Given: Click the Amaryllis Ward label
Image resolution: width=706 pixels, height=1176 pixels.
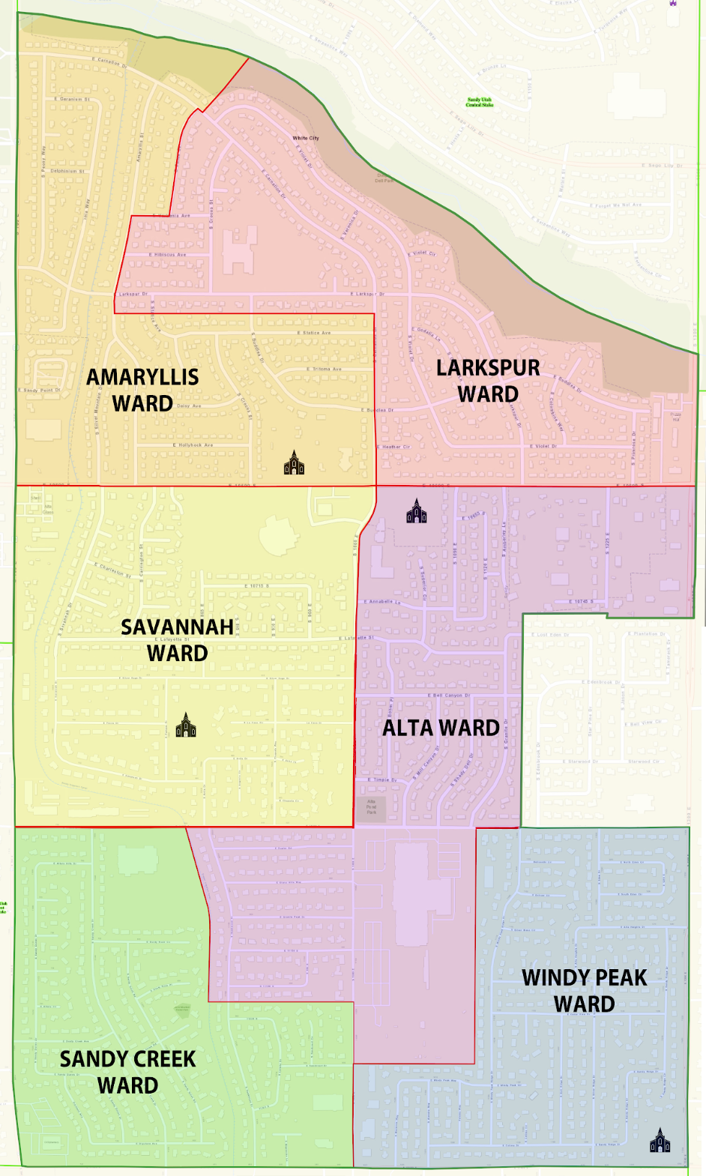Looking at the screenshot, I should point(142,390).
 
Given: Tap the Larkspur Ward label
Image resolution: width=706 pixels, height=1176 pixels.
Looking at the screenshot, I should point(488,381).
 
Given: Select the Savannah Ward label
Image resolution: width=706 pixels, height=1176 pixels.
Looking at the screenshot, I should point(177,639).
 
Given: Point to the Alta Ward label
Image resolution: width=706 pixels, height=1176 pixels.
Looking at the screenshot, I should point(441,728).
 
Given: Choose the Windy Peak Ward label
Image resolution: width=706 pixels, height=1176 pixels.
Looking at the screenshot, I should point(584,990).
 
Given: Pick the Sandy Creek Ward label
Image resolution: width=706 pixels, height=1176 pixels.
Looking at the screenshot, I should point(127,1072).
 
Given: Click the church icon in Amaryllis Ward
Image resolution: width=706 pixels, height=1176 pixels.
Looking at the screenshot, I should point(294,462).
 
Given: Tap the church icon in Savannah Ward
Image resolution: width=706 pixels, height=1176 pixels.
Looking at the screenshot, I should point(185,725).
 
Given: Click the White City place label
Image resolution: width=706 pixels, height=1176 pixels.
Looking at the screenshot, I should point(306,138).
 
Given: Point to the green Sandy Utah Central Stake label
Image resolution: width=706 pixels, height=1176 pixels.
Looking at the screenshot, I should point(479,102).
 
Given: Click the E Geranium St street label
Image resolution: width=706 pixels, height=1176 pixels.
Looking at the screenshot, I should point(72,99).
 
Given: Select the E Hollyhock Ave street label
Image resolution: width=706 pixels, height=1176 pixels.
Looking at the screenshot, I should point(193,445).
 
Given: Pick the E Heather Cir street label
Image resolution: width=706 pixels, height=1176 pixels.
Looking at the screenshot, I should point(396,447).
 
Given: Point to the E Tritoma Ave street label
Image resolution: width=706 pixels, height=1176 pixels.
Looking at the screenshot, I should point(327,369).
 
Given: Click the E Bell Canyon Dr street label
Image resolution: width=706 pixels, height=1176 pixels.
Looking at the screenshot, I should point(452,696).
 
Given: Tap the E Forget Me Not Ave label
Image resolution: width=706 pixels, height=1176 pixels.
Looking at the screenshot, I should point(615,205).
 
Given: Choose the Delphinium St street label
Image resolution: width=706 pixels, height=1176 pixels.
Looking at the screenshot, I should point(67,171).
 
